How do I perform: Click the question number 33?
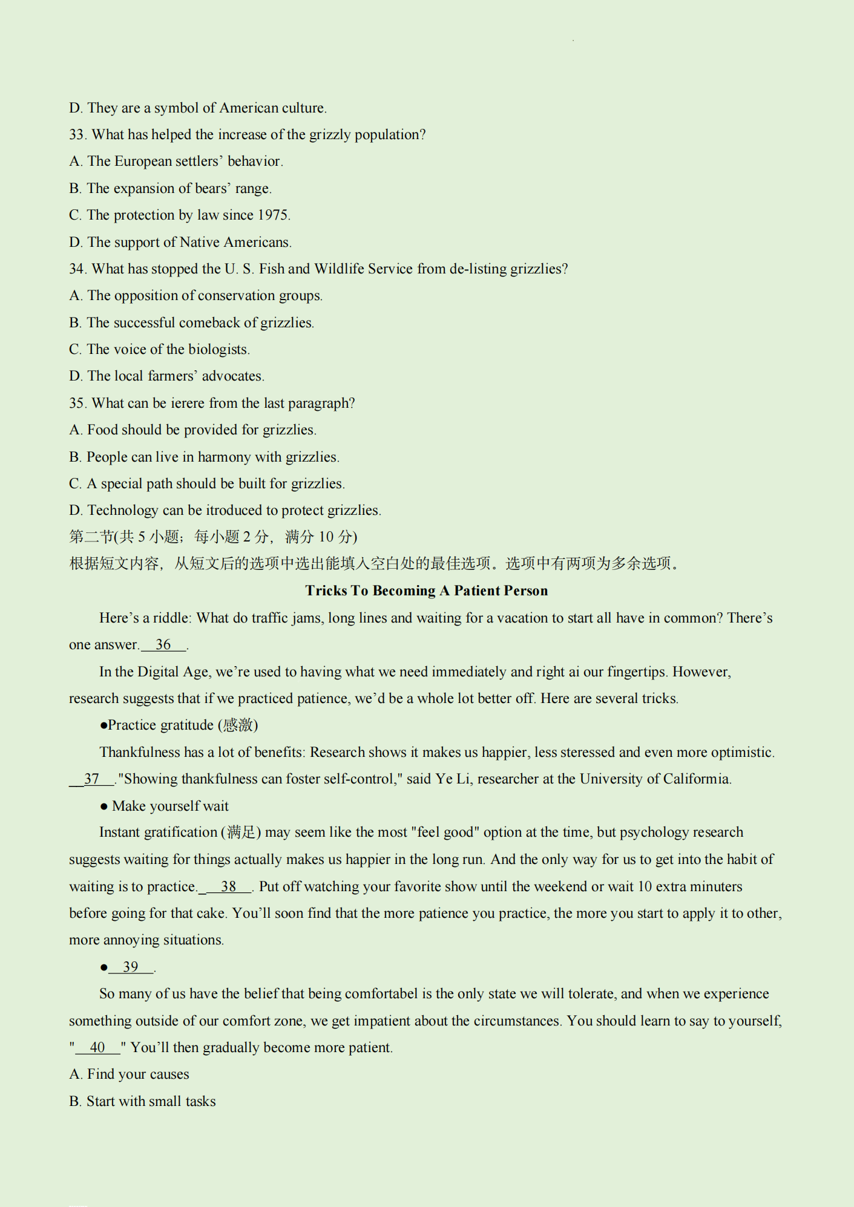(77, 134)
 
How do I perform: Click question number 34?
(77, 269)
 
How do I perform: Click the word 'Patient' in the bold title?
(475, 591)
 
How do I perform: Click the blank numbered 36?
(163, 645)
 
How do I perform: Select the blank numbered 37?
(91, 779)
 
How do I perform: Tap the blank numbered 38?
(228, 887)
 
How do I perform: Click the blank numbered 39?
(131, 967)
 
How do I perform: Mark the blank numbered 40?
(97, 1048)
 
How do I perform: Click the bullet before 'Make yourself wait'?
(104, 806)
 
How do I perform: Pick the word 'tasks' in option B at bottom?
(200, 1102)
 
